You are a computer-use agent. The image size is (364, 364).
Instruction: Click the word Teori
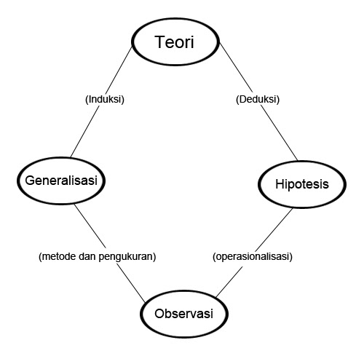[174, 42]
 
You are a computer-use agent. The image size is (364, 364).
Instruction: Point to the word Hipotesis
[302, 184]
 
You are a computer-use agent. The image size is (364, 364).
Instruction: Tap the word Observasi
[184, 314]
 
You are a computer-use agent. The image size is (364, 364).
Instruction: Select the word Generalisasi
[61, 181]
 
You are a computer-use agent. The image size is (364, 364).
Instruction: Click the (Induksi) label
[105, 100]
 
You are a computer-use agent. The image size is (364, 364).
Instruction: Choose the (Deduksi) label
[258, 100]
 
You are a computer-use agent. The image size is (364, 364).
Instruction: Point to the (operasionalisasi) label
[253, 256]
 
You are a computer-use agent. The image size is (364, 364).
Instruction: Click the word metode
[59, 256]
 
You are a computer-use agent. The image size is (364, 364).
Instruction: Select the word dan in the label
[87, 256]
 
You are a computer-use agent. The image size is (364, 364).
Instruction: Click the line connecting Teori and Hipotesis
[258, 101]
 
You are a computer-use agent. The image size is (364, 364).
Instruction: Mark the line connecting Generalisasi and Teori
[101, 101]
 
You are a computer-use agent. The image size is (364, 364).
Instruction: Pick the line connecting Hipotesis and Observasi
[254, 253]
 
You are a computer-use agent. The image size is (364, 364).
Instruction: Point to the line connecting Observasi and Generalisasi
[110, 253]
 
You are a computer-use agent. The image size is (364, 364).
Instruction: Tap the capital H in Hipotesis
[280, 183]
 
